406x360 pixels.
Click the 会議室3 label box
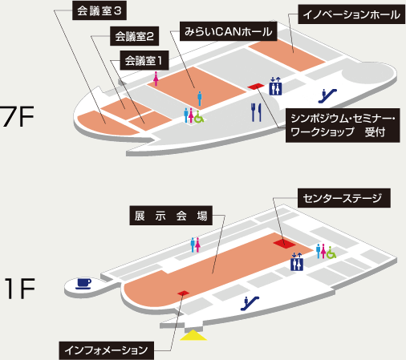click(99, 10)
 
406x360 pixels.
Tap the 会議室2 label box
click(134, 36)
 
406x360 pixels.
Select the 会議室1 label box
click(144, 60)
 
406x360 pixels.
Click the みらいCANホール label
click(228, 31)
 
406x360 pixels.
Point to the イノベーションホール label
click(351, 14)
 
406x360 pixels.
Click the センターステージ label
click(344, 198)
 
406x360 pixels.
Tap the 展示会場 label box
click(171, 216)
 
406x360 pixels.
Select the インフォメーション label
click(107, 350)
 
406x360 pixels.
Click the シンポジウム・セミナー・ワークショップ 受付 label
click(343, 125)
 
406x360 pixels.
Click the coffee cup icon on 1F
click(83, 284)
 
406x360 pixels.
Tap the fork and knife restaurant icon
click(256, 112)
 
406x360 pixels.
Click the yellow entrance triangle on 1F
click(193, 335)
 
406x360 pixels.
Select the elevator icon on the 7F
click(275, 86)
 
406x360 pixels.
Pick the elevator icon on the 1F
click(297, 261)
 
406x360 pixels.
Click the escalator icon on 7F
click(327, 96)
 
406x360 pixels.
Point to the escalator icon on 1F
click(250, 303)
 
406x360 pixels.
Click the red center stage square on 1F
click(285, 244)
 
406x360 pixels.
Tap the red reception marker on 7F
click(256, 87)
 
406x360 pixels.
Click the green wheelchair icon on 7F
click(199, 117)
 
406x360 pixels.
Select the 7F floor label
click(18, 116)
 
